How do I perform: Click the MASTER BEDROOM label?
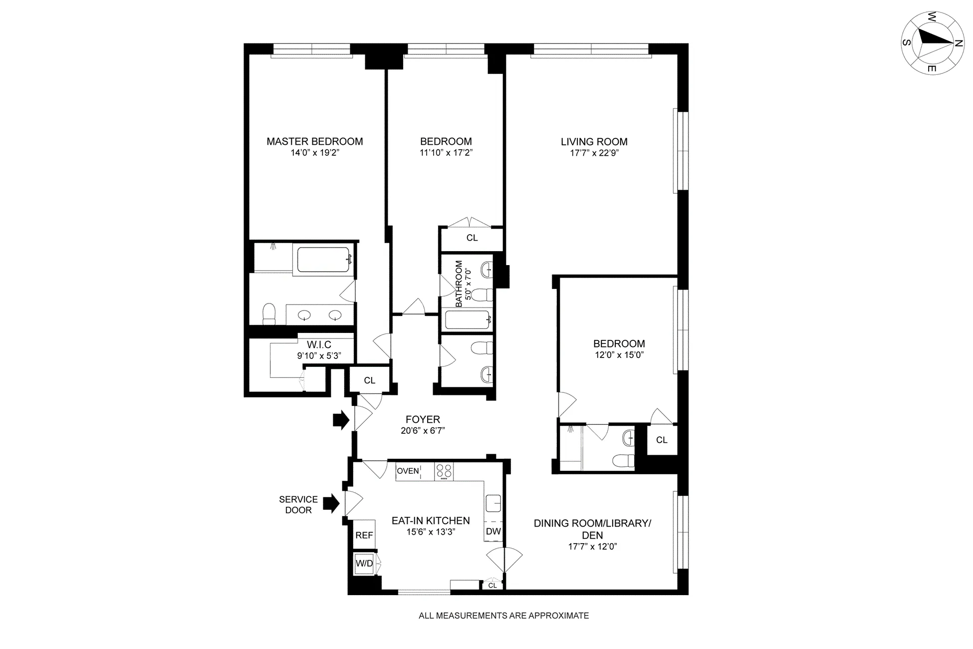pos(314,141)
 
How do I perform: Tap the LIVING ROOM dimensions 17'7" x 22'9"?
pos(594,153)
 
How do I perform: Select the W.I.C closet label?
pos(319,345)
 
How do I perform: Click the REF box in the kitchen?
pos(364,535)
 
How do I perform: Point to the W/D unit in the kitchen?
pos(364,564)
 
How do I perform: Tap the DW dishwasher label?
pos(493,531)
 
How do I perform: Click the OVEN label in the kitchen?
pos(408,471)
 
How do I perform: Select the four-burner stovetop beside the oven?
pos(444,472)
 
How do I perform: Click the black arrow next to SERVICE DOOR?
pos(330,503)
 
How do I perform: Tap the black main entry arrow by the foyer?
pos(341,420)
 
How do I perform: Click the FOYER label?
pos(423,420)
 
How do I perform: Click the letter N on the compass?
pos(958,44)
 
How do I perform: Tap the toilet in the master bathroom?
pos(268,314)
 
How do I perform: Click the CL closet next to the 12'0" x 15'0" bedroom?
pos(662,440)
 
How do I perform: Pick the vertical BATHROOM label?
pos(459,284)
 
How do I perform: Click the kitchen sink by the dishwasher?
pos(493,503)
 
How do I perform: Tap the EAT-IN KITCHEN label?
pos(430,521)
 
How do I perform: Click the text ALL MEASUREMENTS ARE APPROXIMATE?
pos(503,616)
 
